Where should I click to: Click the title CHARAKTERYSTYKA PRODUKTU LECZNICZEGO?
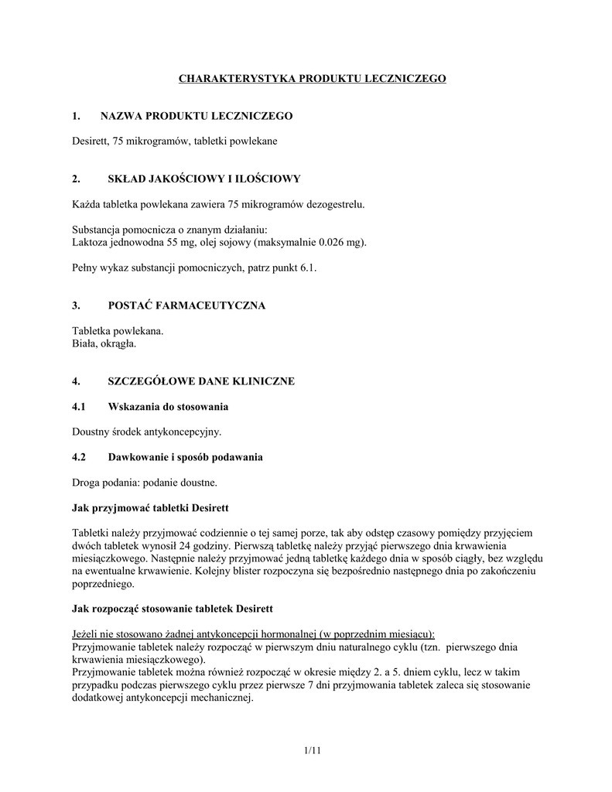[x=313, y=79]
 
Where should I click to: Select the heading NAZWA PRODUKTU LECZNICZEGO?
[x=197, y=116]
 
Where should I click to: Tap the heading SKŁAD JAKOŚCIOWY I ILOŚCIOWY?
[x=200, y=179]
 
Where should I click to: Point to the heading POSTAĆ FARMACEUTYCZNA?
[x=183, y=306]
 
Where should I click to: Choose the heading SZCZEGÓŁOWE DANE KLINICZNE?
[x=201, y=381]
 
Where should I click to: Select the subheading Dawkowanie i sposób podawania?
[x=185, y=457]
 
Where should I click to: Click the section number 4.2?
[x=79, y=457]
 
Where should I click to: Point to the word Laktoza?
[x=91, y=242]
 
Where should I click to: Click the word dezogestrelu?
[x=334, y=204]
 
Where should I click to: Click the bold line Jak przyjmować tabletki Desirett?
[x=151, y=507]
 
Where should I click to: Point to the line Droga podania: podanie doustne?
[x=145, y=482]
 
